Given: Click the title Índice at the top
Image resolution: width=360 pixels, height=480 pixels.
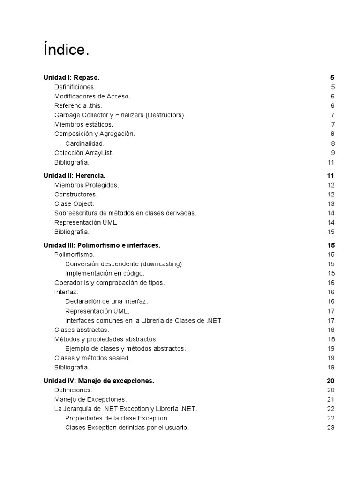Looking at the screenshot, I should click(x=66, y=50).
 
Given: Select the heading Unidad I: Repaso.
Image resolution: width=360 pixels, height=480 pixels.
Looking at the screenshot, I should click(x=71, y=77).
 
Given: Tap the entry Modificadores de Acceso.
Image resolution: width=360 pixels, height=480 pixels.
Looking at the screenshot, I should click(x=92, y=96).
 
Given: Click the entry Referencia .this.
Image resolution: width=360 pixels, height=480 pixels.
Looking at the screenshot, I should click(x=78, y=105).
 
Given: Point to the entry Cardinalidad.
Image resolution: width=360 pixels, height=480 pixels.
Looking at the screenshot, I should click(x=85, y=143).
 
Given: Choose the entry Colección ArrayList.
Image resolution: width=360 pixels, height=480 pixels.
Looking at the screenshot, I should click(x=84, y=153).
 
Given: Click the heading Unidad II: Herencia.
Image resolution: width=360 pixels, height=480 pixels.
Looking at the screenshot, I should click(x=74, y=175).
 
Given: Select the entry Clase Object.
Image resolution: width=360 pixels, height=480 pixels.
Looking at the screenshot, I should click(x=75, y=203).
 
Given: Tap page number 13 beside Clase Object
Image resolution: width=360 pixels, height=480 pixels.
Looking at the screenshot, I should click(x=331, y=203).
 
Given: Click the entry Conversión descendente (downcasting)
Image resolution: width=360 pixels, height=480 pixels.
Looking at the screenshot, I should click(x=123, y=264).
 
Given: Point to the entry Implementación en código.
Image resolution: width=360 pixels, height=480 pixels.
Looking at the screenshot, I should click(x=105, y=273).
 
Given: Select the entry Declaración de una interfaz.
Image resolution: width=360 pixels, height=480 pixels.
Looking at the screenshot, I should click(x=106, y=301).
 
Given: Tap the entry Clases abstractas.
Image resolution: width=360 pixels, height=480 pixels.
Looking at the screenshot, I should click(x=82, y=330).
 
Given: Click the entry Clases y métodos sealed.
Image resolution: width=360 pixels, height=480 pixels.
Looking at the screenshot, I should click(x=92, y=358).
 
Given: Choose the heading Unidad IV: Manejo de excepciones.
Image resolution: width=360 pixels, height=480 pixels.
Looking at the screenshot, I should click(x=99, y=381).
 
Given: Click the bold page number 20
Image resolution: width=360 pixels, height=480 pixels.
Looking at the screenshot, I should click(x=330, y=381).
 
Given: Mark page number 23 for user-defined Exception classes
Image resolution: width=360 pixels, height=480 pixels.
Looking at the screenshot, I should click(x=331, y=427).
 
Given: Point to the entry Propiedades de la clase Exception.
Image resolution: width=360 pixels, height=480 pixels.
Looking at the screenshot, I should click(x=117, y=418).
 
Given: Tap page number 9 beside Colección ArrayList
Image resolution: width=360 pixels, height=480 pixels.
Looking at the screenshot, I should click(x=332, y=153).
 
